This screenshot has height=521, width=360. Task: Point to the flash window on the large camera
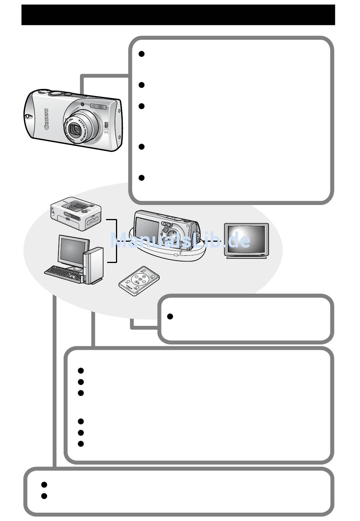[98, 106]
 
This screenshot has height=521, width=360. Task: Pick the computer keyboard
[63, 274]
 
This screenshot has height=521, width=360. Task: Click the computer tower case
[93, 266]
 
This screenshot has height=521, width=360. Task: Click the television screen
[246, 240]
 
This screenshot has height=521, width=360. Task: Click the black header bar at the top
[178, 15]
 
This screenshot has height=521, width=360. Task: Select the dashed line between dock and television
[214, 241]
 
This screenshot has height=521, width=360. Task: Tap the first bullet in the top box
[141, 54]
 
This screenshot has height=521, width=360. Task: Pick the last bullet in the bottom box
[44, 496]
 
